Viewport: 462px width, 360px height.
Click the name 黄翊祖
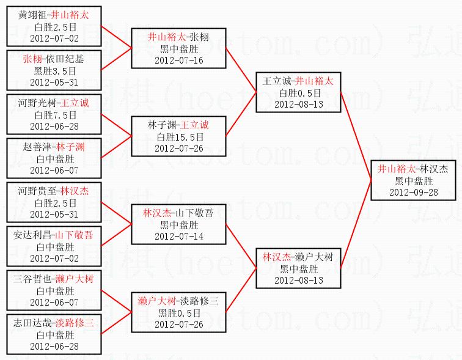tap(32, 15)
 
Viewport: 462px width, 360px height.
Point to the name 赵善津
tap(37, 147)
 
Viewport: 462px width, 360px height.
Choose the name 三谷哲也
tap(32, 279)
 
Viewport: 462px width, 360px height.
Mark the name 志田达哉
tap(32, 323)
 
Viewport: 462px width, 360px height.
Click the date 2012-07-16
tap(178, 60)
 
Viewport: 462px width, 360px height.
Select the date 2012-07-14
tap(178, 236)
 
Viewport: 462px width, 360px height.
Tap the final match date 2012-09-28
tap(413, 191)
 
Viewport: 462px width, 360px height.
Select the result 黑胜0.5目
tap(178, 313)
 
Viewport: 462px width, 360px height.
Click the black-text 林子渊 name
tap(161, 125)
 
